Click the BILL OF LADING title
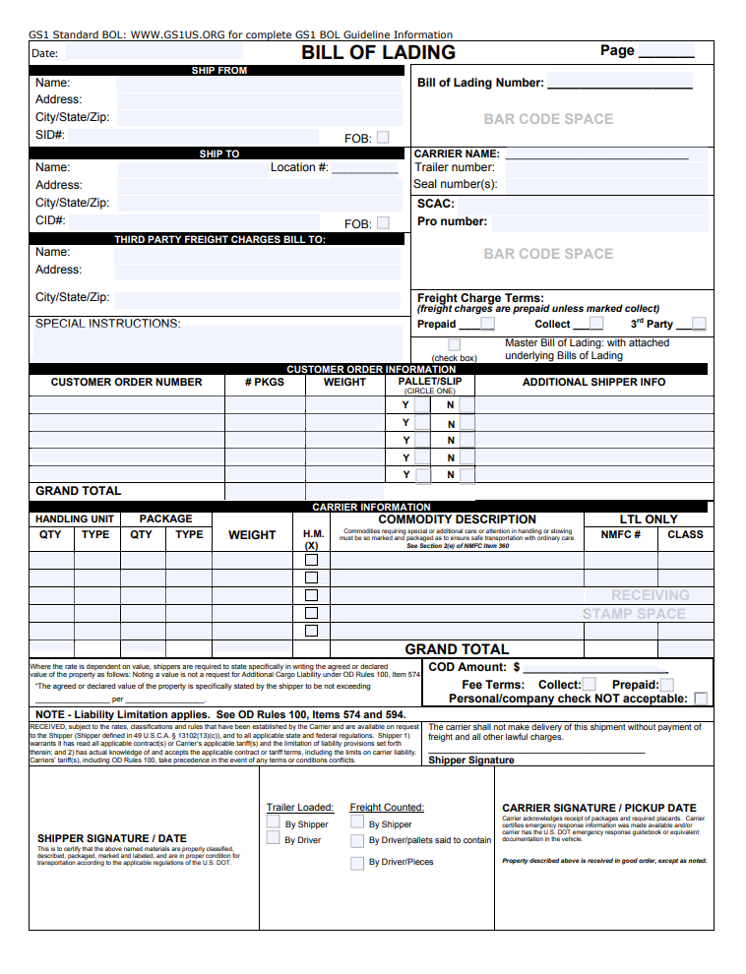[378, 53]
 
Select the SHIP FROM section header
[218, 71]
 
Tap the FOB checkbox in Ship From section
[383, 138]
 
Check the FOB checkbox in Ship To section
[383, 223]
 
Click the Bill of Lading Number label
[479, 84]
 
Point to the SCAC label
[435, 204]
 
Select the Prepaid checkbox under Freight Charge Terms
[487, 324]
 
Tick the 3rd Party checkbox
[698, 324]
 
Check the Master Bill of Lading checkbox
[454, 344]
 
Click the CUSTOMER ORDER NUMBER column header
[126, 382]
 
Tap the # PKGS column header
[264, 382]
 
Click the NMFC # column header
[621, 535]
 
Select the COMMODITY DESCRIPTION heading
[457, 519]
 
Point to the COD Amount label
[467, 667]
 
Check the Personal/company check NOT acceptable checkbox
[701, 699]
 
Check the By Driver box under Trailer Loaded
[273, 838]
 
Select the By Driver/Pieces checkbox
[357, 863]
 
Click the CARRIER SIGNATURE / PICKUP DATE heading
[598, 808]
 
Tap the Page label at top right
[617, 51]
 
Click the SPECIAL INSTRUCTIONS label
[108, 324]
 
